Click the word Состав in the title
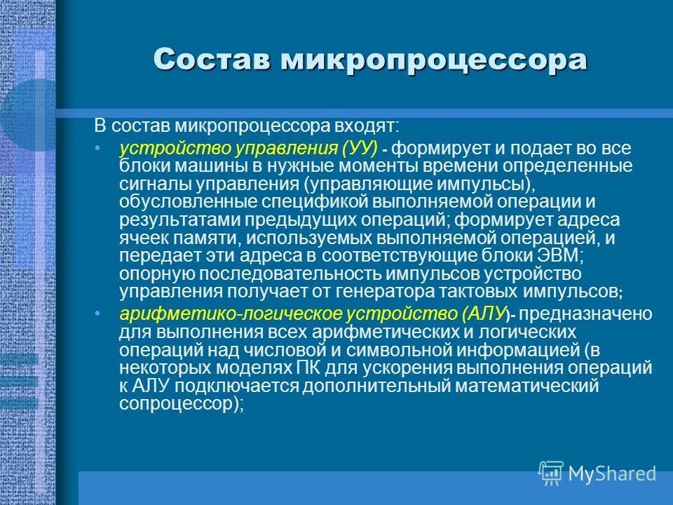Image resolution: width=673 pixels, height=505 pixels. (x=212, y=60)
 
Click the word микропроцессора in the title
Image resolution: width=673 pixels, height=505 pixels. (x=434, y=60)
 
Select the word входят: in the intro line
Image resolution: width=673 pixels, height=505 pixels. (x=365, y=126)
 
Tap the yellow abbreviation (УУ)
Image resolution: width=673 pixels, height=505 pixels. (x=360, y=149)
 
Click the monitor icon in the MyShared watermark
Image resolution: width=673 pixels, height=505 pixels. (x=551, y=473)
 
